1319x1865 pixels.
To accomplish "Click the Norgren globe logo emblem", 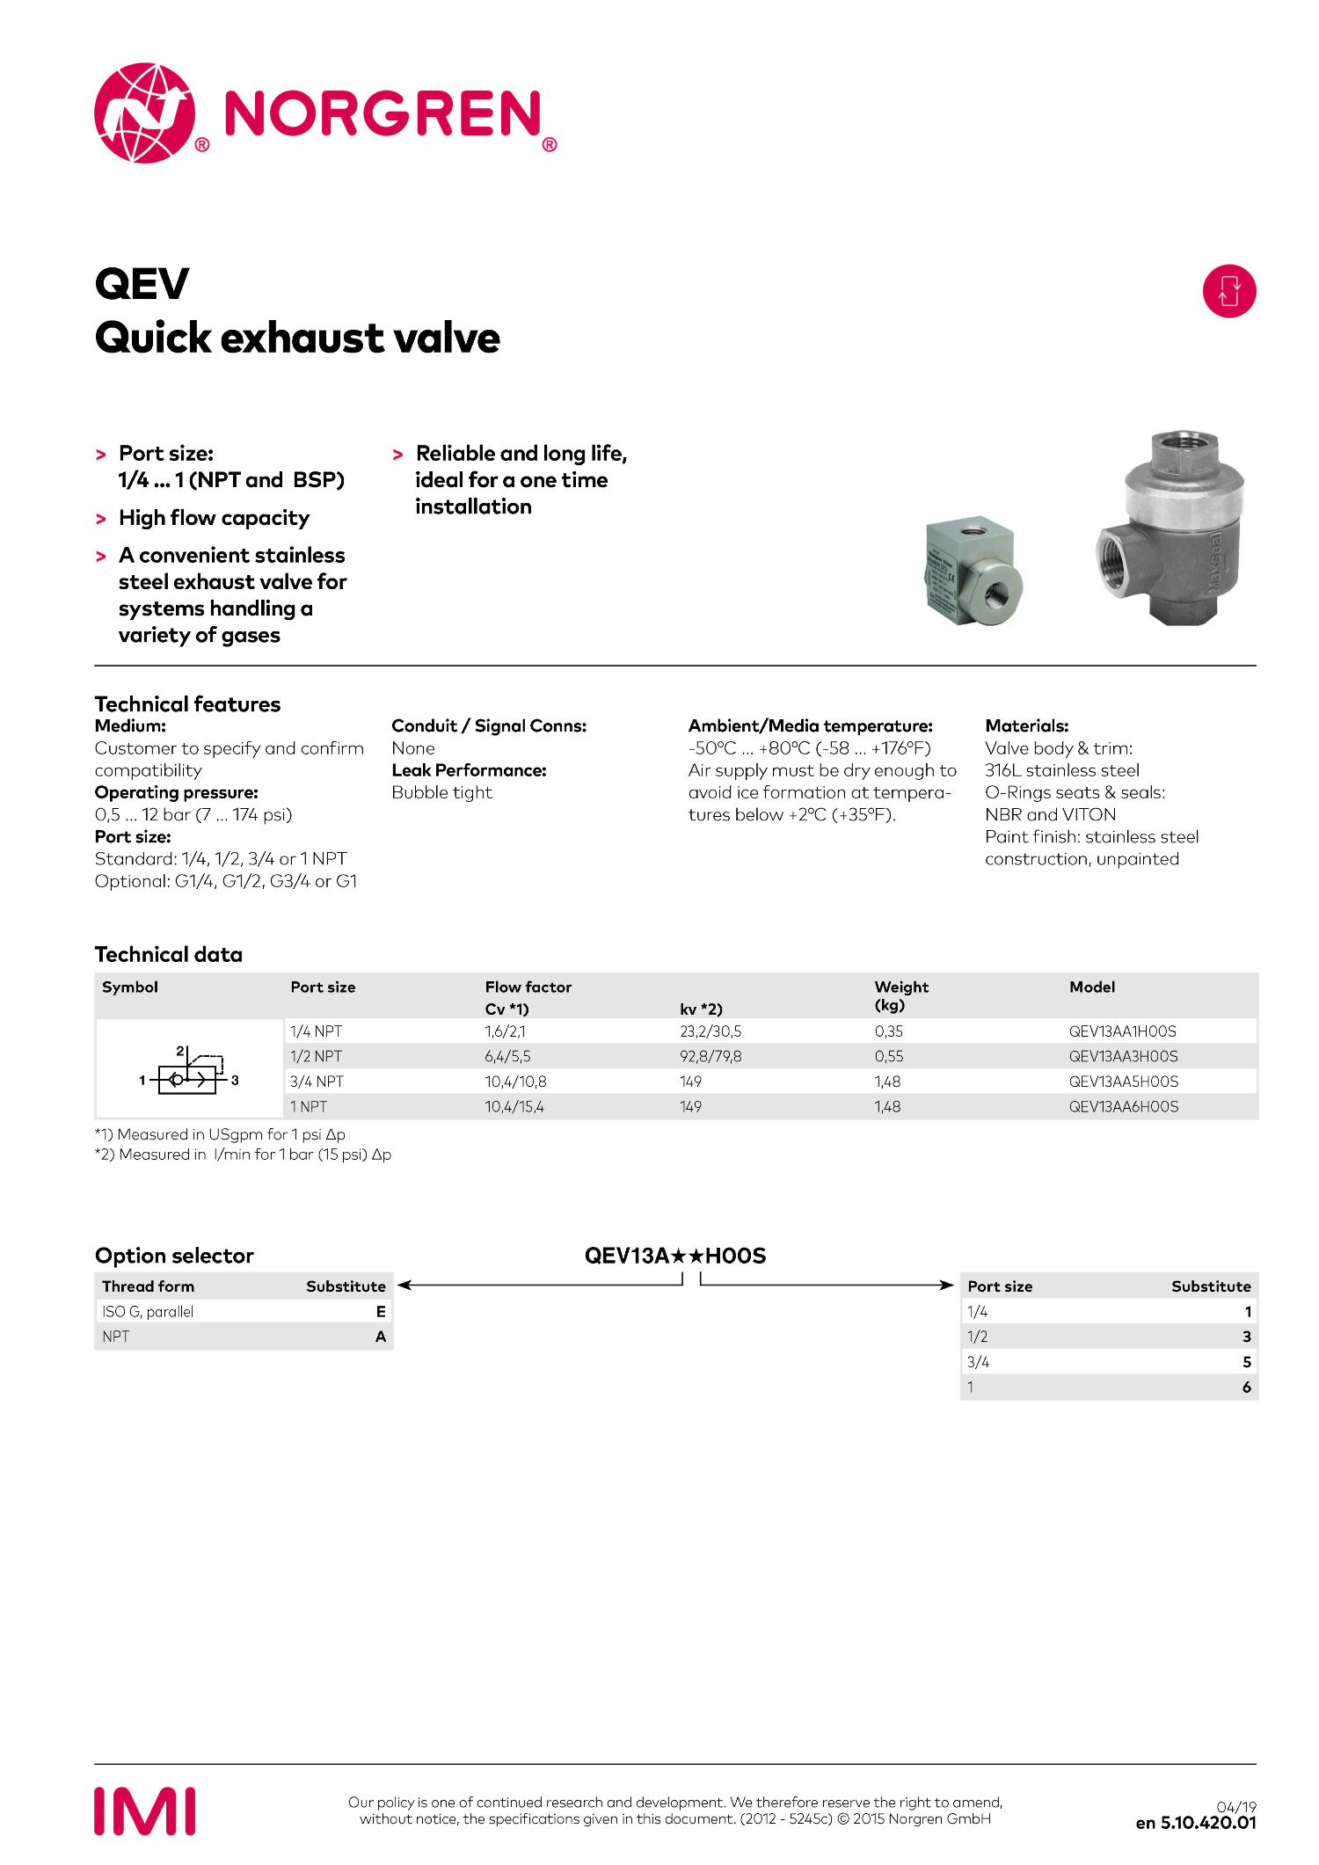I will [144, 113].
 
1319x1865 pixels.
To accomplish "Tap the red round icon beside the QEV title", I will [1228, 291].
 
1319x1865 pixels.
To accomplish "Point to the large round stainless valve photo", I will [1170, 529].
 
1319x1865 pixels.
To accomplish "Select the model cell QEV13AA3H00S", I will [1123, 1056].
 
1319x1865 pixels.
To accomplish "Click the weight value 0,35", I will [888, 1031].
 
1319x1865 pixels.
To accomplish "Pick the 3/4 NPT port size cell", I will [317, 1082].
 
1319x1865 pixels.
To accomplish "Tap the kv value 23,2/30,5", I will [710, 1031].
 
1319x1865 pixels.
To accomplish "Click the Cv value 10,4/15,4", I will [514, 1107].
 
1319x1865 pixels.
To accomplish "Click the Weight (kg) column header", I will [901, 995].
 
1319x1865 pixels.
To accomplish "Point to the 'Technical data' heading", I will [169, 954].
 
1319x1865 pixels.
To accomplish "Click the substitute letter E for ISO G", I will [381, 1311].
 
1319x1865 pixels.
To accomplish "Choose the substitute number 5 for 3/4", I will [1246, 1362].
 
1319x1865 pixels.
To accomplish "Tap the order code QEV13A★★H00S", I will [675, 1256].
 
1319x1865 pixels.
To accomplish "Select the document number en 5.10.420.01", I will [1195, 1823].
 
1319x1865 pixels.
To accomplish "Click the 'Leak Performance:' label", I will [469, 770].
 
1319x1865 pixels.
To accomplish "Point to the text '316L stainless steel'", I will [1061, 770].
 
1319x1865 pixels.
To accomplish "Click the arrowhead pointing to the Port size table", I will [947, 1286].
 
